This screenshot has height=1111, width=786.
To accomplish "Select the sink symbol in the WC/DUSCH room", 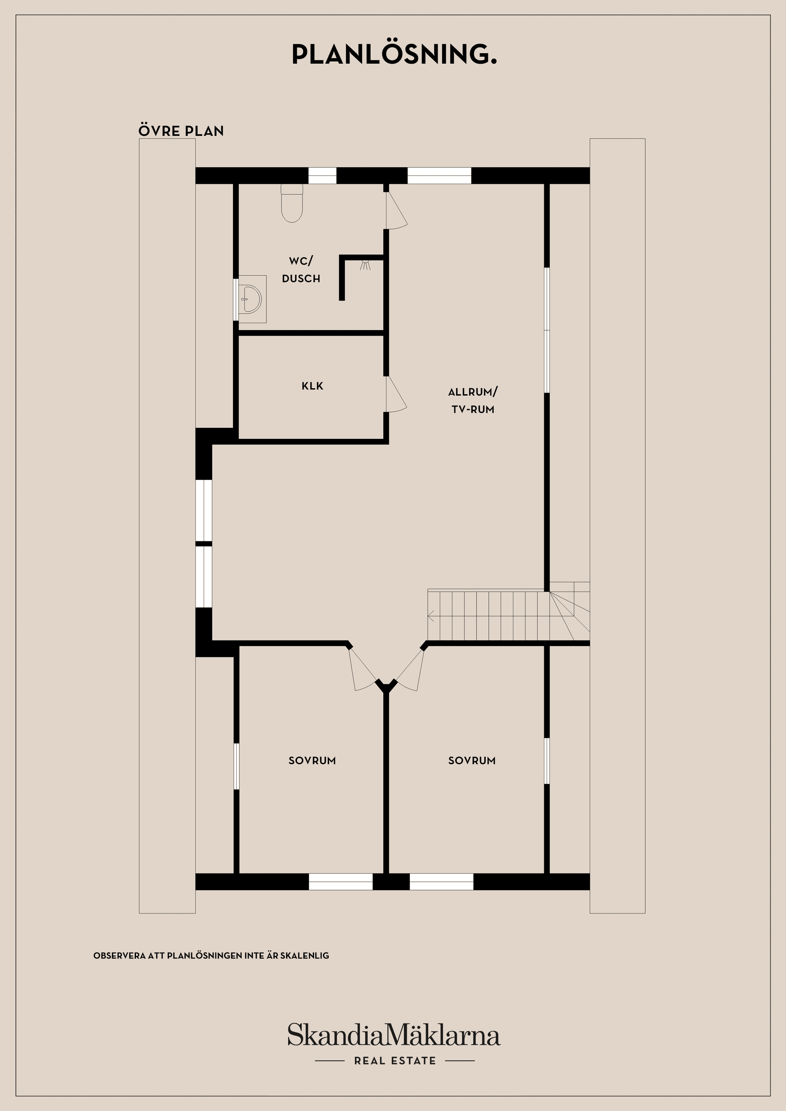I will pyautogui.click(x=251, y=299).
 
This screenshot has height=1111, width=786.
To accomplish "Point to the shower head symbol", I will pyautogui.click(x=365, y=265).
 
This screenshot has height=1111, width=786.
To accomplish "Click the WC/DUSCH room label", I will pyautogui.click(x=301, y=270).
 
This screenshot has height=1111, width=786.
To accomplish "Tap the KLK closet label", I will pyautogui.click(x=312, y=386).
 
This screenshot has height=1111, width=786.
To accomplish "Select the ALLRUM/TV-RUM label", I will pyautogui.click(x=473, y=400).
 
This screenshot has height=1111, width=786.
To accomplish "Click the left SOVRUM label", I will pyautogui.click(x=312, y=760).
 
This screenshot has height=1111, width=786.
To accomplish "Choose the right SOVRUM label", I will pyautogui.click(x=472, y=760).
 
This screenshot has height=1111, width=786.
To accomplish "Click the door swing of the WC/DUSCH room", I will pyautogui.click(x=396, y=211).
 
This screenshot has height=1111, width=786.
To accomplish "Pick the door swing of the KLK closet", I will pyautogui.click(x=395, y=395).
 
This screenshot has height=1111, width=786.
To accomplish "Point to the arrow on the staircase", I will pyautogui.click(x=431, y=616).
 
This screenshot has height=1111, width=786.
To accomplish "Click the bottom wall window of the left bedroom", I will pyautogui.click(x=341, y=882).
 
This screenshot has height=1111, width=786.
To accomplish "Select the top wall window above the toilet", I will pyautogui.click(x=323, y=175).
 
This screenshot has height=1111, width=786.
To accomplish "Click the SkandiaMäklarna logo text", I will pyautogui.click(x=394, y=1035).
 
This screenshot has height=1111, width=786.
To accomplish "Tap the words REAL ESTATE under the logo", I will pyautogui.click(x=395, y=1061).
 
